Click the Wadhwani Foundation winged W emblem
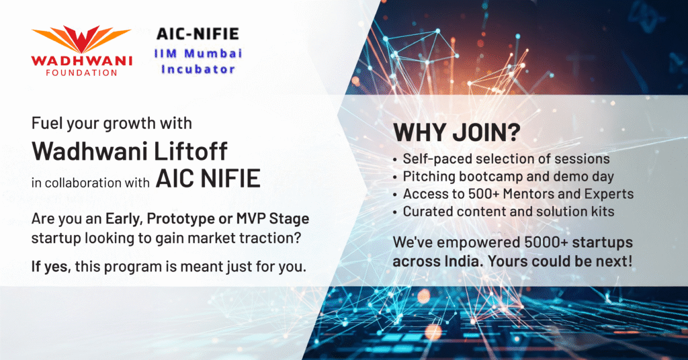click(81, 40)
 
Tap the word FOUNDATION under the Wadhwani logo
click(81, 73)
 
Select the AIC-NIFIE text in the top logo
click(198, 34)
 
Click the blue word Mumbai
click(213, 54)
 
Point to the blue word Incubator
click(198, 69)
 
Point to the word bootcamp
click(488, 176)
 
